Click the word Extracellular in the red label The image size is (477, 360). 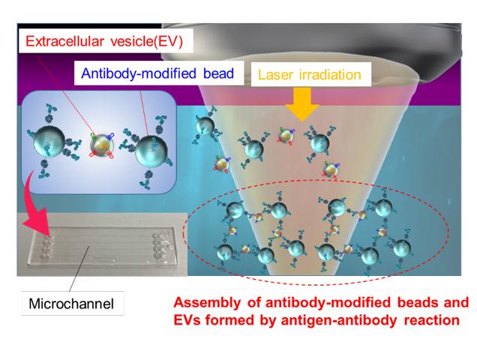coord(64,41)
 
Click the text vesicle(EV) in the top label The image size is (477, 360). coord(146,41)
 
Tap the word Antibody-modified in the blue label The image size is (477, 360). coord(139,73)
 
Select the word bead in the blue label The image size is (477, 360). coord(218,73)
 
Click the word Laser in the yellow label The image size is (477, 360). coord(275,74)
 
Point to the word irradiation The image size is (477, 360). coord(330,74)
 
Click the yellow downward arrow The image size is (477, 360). coord(301,104)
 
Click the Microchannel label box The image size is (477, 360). coord(73,303)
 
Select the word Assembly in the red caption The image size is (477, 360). coord(207,303)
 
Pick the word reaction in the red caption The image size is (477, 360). coord(432,320)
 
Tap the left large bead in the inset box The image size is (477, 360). coord(49,142)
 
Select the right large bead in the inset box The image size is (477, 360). coord(151,151)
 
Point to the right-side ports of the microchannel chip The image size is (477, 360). coord(160,244)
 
